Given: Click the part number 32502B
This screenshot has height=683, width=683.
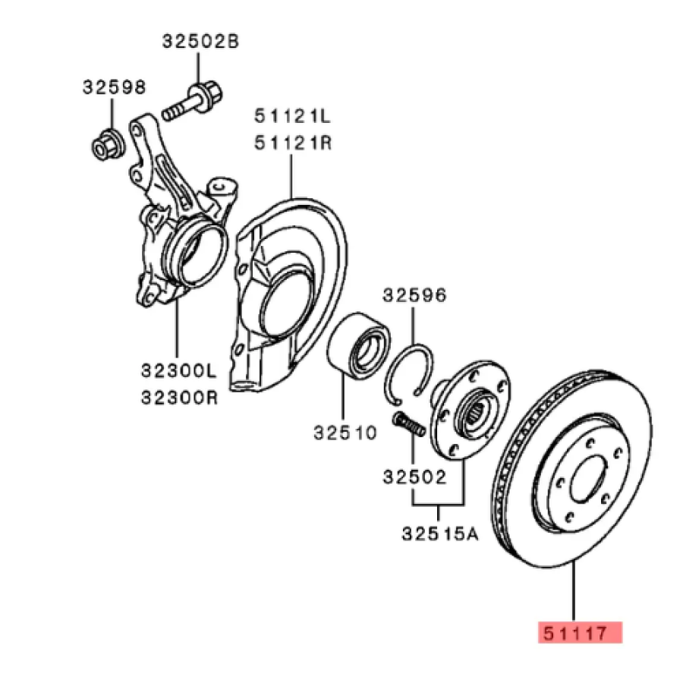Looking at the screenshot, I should [200, 42].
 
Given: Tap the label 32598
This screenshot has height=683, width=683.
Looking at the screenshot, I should [114, 88].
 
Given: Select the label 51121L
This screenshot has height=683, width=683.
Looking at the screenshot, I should [292, 117].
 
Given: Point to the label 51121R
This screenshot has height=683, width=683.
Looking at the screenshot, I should [292, 142].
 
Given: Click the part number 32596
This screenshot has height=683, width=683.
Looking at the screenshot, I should [414, 294].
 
